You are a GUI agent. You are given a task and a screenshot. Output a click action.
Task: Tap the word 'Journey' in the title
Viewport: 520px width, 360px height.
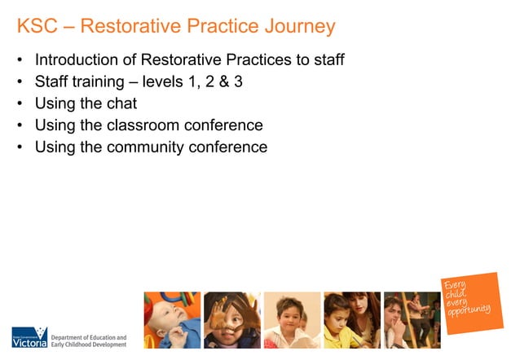pos(293,27)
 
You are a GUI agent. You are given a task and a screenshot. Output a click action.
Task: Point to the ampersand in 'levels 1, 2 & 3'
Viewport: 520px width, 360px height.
pos(220,82)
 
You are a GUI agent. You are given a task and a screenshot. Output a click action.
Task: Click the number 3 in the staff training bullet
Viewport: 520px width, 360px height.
pos(238,82)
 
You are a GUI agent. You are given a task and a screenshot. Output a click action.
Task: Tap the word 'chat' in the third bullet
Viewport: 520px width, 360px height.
pos(120,104)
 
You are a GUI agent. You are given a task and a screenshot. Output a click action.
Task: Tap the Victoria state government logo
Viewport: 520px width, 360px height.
pos(29,337)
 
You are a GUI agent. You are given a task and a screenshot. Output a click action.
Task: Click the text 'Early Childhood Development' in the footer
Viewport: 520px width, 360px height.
pos(89,345)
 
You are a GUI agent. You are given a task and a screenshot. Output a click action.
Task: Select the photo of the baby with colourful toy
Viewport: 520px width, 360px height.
pos(171,320)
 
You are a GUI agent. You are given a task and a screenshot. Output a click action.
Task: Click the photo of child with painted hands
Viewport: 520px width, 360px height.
pos(231,320)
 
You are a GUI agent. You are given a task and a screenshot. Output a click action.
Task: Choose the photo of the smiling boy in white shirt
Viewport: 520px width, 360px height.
pos(292,320)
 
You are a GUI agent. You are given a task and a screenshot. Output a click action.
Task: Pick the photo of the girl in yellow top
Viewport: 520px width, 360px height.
pos(351,320)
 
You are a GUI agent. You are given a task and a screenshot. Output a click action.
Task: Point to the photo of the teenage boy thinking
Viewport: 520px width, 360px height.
pos(412,320)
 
